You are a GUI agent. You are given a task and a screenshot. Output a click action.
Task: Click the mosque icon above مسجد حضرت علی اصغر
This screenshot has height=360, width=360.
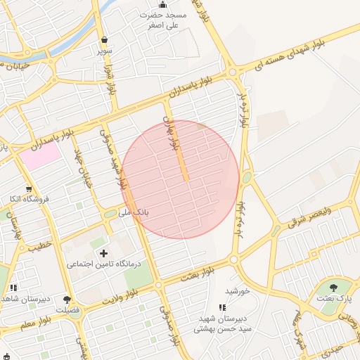[x=163, y=5]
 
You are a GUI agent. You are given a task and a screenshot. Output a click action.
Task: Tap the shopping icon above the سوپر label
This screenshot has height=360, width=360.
[x=105, y=40]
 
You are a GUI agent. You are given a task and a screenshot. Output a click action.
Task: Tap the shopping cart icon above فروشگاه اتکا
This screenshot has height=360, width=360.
[x=29, y=188]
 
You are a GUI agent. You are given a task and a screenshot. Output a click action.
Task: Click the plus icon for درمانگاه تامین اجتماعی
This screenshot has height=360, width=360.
[x=104, y=252]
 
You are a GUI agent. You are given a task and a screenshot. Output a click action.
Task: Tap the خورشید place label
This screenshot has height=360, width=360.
[x=238, y=291]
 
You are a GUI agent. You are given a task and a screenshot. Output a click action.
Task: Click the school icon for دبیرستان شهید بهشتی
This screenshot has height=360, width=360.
[x=223, y=307]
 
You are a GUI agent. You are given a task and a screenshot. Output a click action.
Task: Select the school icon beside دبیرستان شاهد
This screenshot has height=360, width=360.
[x=13, y=288]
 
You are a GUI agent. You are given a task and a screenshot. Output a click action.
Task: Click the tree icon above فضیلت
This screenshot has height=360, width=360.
[x=67, y=300]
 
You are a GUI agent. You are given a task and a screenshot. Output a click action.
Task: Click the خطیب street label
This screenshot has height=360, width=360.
[x=41, y=245]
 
